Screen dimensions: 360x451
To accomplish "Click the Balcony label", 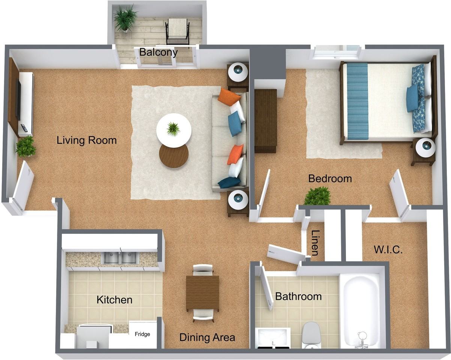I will pos(158,52).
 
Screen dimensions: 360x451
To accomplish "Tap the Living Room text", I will pos(87,141).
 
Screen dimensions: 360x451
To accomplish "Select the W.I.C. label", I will pos(388,249).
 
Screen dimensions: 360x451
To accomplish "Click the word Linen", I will pos(316,243).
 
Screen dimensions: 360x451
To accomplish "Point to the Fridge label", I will pos(143,334).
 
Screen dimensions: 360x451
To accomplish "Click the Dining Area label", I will pos(207,337).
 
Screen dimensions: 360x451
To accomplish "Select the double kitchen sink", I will pos(120,258).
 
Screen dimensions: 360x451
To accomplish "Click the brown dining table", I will pos(203,293).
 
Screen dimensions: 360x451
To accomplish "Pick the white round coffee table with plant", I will pos(174,130).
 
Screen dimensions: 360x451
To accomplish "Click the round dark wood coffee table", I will pos(174,155).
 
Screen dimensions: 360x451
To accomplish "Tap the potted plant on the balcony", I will pos(126,18).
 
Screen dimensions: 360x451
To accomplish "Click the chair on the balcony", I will pos(177,30).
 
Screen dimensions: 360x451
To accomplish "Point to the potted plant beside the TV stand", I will pos(26,147).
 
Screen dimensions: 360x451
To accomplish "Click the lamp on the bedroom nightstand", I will pos(425,148).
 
